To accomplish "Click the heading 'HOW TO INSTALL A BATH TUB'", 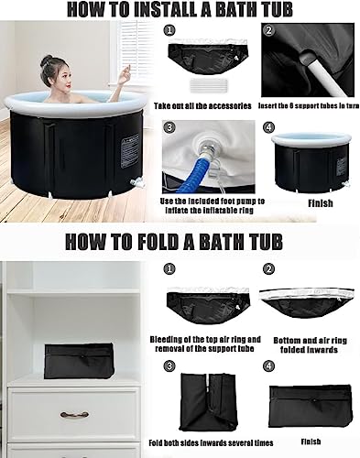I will pyautogui.click(x=180, y=10).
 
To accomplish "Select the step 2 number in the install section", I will pyautogui.click(x=268, y=30).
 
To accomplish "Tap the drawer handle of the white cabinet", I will pyautogui.click(x=74, y=415).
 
